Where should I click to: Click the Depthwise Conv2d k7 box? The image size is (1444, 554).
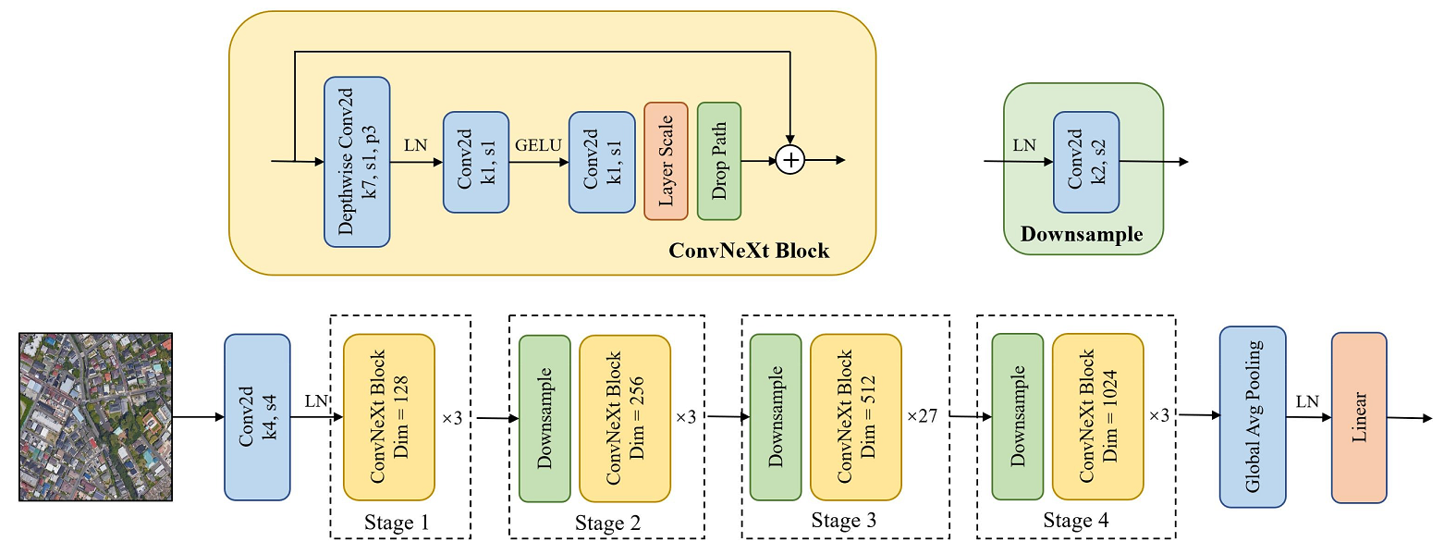tap(357, 162)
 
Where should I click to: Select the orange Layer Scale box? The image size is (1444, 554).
tap(666, 161)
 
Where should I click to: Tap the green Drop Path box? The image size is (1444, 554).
tap(719, 161)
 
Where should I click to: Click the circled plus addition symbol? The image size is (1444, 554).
tap(790, 160)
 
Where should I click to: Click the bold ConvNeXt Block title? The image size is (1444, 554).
tap(749, 251)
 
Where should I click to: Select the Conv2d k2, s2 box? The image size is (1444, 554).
tap(1086, 162)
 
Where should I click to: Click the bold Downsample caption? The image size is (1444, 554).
tap(1082, 235)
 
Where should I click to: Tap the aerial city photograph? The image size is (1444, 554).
tap(96, 416)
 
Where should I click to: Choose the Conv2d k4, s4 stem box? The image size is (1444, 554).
tap(257, 417)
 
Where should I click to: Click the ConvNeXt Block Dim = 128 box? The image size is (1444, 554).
tap(388, 417)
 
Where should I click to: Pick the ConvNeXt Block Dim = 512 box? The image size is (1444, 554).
tap(855, 417)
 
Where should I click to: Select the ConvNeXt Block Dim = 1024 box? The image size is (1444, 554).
tap(1097, 417)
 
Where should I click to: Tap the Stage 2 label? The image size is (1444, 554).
tap(606, 524)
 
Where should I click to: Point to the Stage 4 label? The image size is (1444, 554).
tap(1075, 523)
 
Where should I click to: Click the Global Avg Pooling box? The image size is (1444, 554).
tap(1253, 417)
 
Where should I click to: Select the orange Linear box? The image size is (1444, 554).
tap(1359, 418)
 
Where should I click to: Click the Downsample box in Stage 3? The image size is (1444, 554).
tap(776, 417)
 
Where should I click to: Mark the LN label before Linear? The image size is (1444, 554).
tap(1307, 401)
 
